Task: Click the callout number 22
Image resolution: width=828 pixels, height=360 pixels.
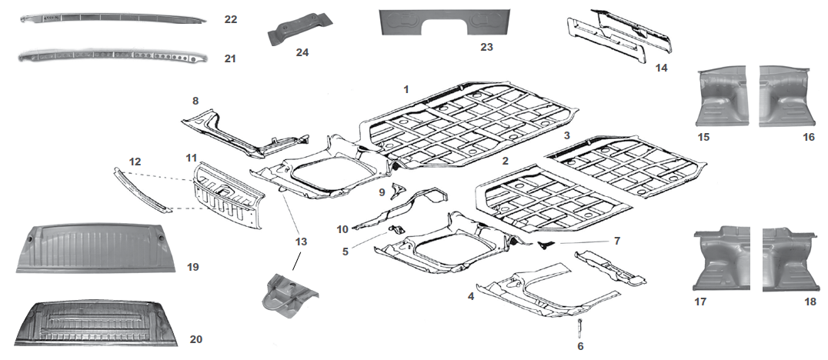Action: pyautogui.click(x=231, y=19)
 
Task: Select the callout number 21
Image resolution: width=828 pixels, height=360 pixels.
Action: pyautogui.click(x=231, y=58)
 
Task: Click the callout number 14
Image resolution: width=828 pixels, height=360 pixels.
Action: pyautogui.click(x=661, y=68)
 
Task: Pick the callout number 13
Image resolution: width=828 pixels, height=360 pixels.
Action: pyautogui.click(x=301, y=242)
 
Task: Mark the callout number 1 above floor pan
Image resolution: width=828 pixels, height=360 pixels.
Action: pyautogui.click(x=406, y=90)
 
